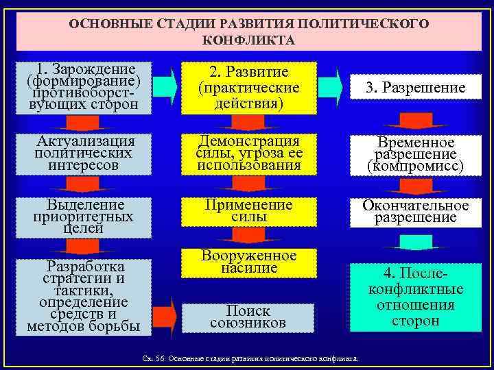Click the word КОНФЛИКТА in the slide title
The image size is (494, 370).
(249, 40)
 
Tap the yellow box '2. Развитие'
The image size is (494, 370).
(248, 88)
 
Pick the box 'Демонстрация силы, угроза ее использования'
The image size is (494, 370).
(248, 153)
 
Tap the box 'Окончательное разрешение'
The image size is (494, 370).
(414, 212)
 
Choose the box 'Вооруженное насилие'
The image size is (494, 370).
(248, 263)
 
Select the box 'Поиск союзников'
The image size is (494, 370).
(248, 316)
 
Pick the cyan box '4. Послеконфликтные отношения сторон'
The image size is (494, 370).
(414, 297)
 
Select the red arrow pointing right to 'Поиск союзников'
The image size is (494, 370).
(165, 315)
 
